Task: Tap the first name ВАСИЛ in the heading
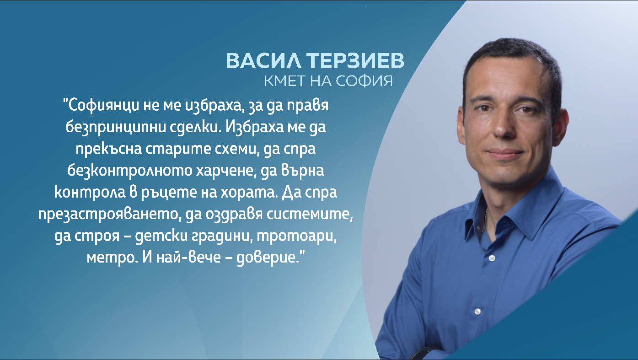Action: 263,60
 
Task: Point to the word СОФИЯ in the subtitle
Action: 365,81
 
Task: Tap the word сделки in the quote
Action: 195,127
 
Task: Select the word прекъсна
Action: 109,149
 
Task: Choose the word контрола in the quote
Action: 90,192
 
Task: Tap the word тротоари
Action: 297,236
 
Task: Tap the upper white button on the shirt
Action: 492,258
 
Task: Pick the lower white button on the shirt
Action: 477,312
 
